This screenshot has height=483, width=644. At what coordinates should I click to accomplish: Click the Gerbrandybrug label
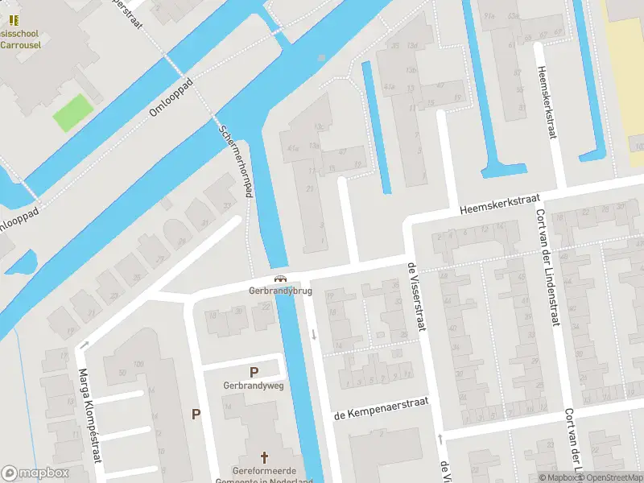coord(279,290)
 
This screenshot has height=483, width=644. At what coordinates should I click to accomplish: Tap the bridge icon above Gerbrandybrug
coord(280,279)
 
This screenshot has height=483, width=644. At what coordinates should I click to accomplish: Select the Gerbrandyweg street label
coord(254,386)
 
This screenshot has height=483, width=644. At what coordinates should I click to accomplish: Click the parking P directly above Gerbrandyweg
coord(254,372)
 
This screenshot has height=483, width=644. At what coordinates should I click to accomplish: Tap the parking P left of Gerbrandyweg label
coord(196,414)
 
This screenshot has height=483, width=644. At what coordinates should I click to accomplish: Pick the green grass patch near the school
coord(72,114)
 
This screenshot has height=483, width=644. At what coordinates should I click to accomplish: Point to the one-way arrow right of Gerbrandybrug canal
coord(313,334)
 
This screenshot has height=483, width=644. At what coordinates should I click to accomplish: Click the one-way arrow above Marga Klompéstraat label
coord(85,345)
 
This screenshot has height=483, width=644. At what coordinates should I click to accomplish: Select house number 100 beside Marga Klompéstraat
coord(138,365)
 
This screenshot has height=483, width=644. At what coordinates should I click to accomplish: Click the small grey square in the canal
coord(321,58)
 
